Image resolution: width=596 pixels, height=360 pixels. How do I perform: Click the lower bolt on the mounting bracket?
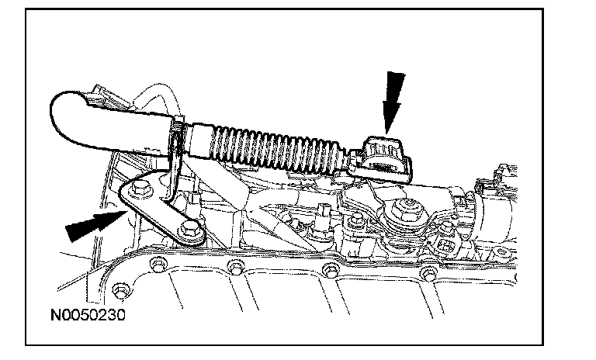click(x=189, y=230)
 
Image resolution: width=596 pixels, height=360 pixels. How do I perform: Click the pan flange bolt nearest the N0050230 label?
click(x=120, y=290)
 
